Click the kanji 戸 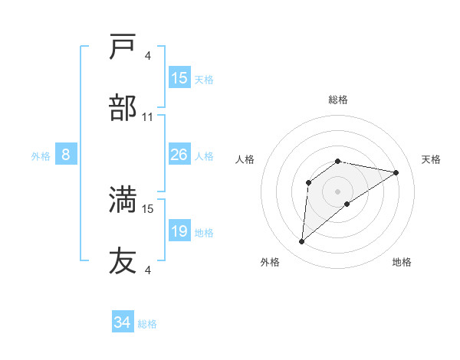123,47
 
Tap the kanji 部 123,108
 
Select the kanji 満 123,199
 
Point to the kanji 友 123,260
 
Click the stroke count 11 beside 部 148,116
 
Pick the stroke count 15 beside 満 148,208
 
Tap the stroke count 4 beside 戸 148,55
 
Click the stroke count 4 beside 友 148,269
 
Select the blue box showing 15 179,78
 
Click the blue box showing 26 179,155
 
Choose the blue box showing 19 179,231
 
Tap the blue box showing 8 66,155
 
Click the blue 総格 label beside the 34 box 147,324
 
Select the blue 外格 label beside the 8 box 41,156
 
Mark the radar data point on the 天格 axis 396,172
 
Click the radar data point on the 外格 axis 301,242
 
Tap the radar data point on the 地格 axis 347,203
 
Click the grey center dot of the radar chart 338,191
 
